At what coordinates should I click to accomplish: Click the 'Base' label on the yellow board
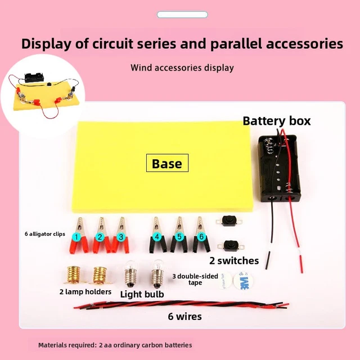(167, 164)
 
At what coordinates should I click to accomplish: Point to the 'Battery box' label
(276, 121)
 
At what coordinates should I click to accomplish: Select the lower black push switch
(229, 245)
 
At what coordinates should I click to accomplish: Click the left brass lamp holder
(75, 275)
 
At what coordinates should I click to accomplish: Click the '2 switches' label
(234, 260)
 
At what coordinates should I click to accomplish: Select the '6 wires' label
(184, 316)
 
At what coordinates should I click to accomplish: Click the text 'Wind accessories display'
(182, 68)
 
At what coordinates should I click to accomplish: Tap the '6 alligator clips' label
(46, 233)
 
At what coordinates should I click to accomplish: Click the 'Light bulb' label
(142, 294)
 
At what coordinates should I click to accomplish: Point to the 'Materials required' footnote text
(115, 344)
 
